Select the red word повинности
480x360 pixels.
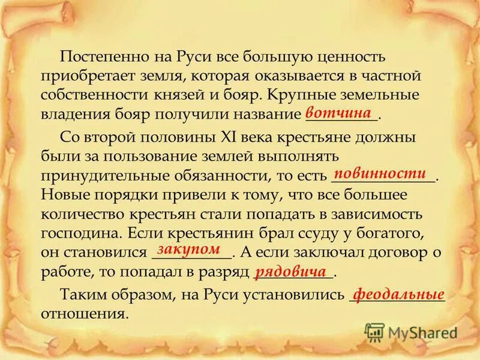[x=379, y=173]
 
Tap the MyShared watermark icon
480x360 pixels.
[x=374, y=332]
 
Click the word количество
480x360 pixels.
[x=84, y=214]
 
